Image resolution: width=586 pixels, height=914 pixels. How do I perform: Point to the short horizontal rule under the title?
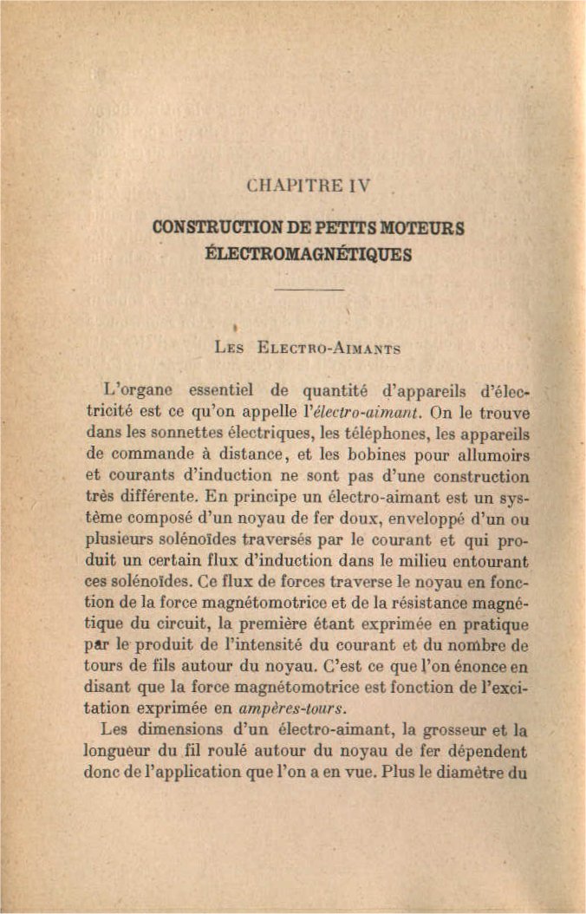[309, 290]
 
